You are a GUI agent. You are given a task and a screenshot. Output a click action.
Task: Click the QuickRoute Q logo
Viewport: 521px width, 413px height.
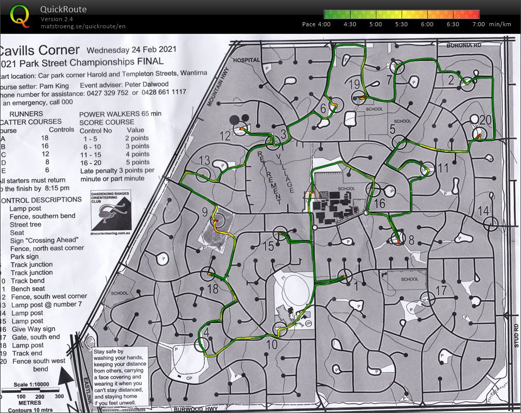pyautogui.click(x=20, y=16)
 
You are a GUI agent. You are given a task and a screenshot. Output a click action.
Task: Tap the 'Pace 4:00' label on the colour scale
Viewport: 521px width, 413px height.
pyautogui.click(x=316, y=24)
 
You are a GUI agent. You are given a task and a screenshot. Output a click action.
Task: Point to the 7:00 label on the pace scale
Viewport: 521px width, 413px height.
pyautogui.click(x=478, y=24)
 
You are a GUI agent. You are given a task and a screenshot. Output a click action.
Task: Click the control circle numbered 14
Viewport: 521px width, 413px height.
pyautogui.click(x=491, y=223)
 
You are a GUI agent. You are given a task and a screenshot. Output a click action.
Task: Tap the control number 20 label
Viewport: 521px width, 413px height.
pyautogui.click(x=485, y=120)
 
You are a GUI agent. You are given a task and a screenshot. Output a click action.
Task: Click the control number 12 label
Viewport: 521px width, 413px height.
pyautogui.click(x=224, y=136)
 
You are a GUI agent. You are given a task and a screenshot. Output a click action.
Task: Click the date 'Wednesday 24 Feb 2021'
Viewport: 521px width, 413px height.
pyautogui.click(x=132, y=50)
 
